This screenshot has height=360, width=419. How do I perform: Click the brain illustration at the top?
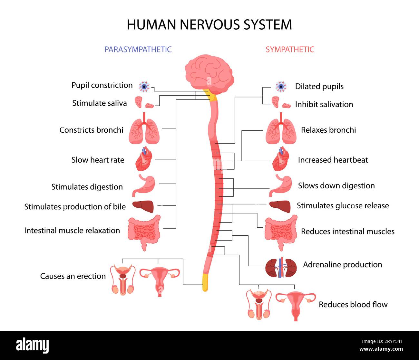[x=209, y=74]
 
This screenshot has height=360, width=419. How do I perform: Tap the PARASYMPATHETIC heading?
[x=138, y=49]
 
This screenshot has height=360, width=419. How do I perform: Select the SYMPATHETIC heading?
[x=290, y=49]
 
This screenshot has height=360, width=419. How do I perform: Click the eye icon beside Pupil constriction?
[x=144, y=87]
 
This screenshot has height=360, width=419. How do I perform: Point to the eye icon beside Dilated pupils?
[x=281, y=87]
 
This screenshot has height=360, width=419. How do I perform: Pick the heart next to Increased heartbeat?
[x=281, y=159]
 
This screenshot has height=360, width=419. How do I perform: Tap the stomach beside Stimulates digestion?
[x=144, y=185]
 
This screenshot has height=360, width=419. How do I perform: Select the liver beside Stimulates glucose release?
[x=280, y=206]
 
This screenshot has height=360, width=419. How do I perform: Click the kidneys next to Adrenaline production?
[x=281, y=268]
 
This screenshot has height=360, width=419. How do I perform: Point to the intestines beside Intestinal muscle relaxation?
[x=144, y=233]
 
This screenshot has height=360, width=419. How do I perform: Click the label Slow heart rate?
[x=98, y=160]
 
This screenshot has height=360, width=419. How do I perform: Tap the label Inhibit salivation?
[x=324, y=104]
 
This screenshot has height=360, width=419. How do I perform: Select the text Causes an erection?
[x=73, y=276]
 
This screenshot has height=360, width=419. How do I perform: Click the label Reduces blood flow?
[x=353, y=305]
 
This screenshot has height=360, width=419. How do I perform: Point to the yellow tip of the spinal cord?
[x=205, y=282]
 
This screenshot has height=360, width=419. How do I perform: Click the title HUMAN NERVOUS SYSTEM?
[x=209, y=25]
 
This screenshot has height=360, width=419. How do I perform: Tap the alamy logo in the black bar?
[x=33, y=345]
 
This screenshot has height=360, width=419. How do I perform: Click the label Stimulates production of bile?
[x=75, y=207]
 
